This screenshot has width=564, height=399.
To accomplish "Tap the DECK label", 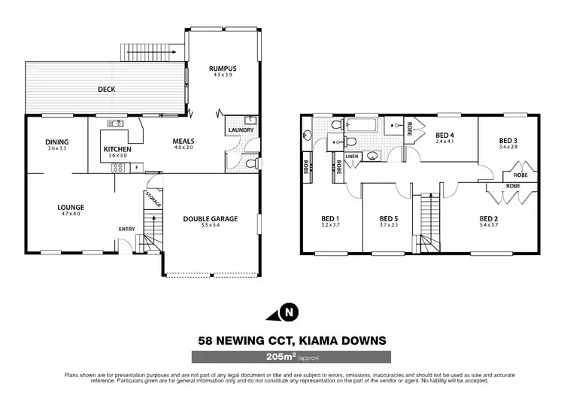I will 106,89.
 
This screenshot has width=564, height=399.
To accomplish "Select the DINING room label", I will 56,142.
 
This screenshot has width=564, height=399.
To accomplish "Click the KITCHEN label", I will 117,149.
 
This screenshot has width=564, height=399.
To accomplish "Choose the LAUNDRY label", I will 240,130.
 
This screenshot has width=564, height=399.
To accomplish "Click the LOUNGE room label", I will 69,208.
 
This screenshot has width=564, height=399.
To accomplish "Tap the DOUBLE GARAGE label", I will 211,219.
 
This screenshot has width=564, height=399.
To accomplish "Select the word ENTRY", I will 126,230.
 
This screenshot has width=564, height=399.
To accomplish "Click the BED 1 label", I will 331,219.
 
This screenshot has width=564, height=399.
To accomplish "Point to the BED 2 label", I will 490,219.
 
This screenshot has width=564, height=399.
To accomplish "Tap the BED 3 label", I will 509,141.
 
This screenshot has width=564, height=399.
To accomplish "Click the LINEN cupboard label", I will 350,157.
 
